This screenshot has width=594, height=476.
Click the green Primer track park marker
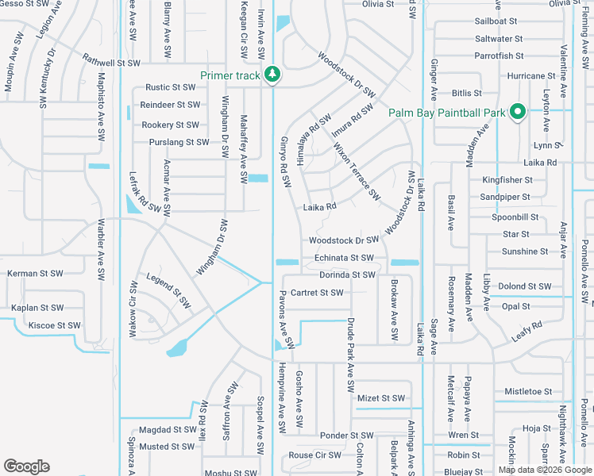(272, 75)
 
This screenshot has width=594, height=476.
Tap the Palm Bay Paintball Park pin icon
(516, 113)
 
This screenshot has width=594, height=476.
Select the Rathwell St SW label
(111, 63)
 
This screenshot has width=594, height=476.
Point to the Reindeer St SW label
(170, 105)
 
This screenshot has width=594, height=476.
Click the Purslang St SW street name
(179, 142)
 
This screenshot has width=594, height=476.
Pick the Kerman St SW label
(34, 274)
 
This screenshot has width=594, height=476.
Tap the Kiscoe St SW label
(54, 325)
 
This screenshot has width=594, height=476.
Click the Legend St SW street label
(169, 290)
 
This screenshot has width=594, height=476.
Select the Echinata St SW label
(344, 258)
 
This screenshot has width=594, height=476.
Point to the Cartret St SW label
(317, 293)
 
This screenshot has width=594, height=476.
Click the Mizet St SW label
(381, 398)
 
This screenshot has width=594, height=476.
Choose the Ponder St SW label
(346, 436)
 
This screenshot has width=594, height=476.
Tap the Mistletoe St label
(528, 392)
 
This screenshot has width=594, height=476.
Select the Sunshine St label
(525, 251)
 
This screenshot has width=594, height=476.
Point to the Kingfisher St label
(507, 180)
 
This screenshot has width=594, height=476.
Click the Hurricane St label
(531, 76)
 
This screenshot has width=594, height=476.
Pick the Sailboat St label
(496, 21)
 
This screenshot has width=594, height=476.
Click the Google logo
(26, 466)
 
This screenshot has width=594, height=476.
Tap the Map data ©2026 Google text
(545, 470)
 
